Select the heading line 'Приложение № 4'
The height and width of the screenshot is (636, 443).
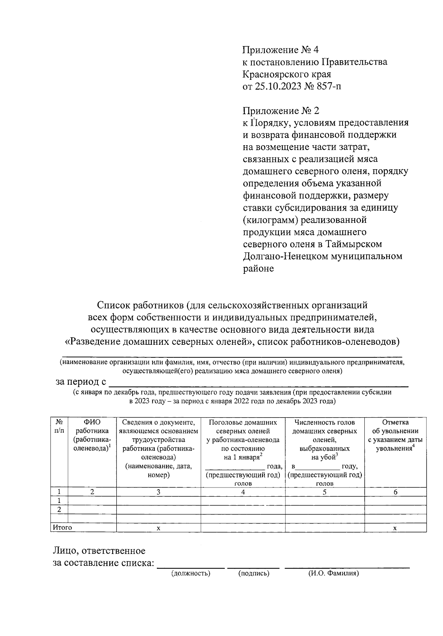280,50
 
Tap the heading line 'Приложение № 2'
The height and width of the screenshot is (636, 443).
280,111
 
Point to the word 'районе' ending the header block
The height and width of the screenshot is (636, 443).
258,269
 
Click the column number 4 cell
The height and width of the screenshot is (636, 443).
243,492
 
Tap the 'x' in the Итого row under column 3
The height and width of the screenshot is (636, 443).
158,528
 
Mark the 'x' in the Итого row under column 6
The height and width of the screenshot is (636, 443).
395,528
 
